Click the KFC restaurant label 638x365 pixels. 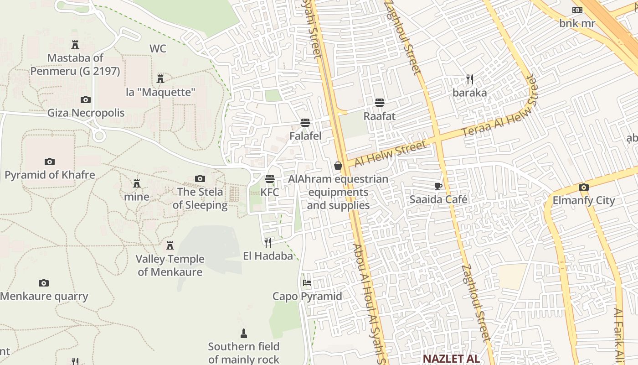tap(270, 192)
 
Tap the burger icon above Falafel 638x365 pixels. tap(305, 123)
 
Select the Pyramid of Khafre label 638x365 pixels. tap(50, 175)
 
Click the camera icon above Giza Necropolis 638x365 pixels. tap(85, 99)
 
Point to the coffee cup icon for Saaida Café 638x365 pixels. tap(438, 186)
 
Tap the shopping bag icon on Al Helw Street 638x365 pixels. tap(338, 166)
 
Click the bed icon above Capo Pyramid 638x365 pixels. tap(307, 283)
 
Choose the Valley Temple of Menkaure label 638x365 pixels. tap(170, 266)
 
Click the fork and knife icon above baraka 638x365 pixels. tap(470, 79)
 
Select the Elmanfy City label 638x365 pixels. tap(584, 200)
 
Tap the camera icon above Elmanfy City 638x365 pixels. tap(583, 187)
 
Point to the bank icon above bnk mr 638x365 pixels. tap(577, 10)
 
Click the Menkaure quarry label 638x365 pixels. tap(44, 296)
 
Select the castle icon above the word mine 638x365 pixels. tap(136, 183)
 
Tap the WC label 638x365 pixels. tap(158, 48)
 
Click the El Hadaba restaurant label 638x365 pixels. tap(268, 256)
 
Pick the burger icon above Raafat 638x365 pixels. tap(380, 103)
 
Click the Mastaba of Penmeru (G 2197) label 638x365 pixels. tap(75, 64)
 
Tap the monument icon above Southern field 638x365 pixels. tap(244, 333)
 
